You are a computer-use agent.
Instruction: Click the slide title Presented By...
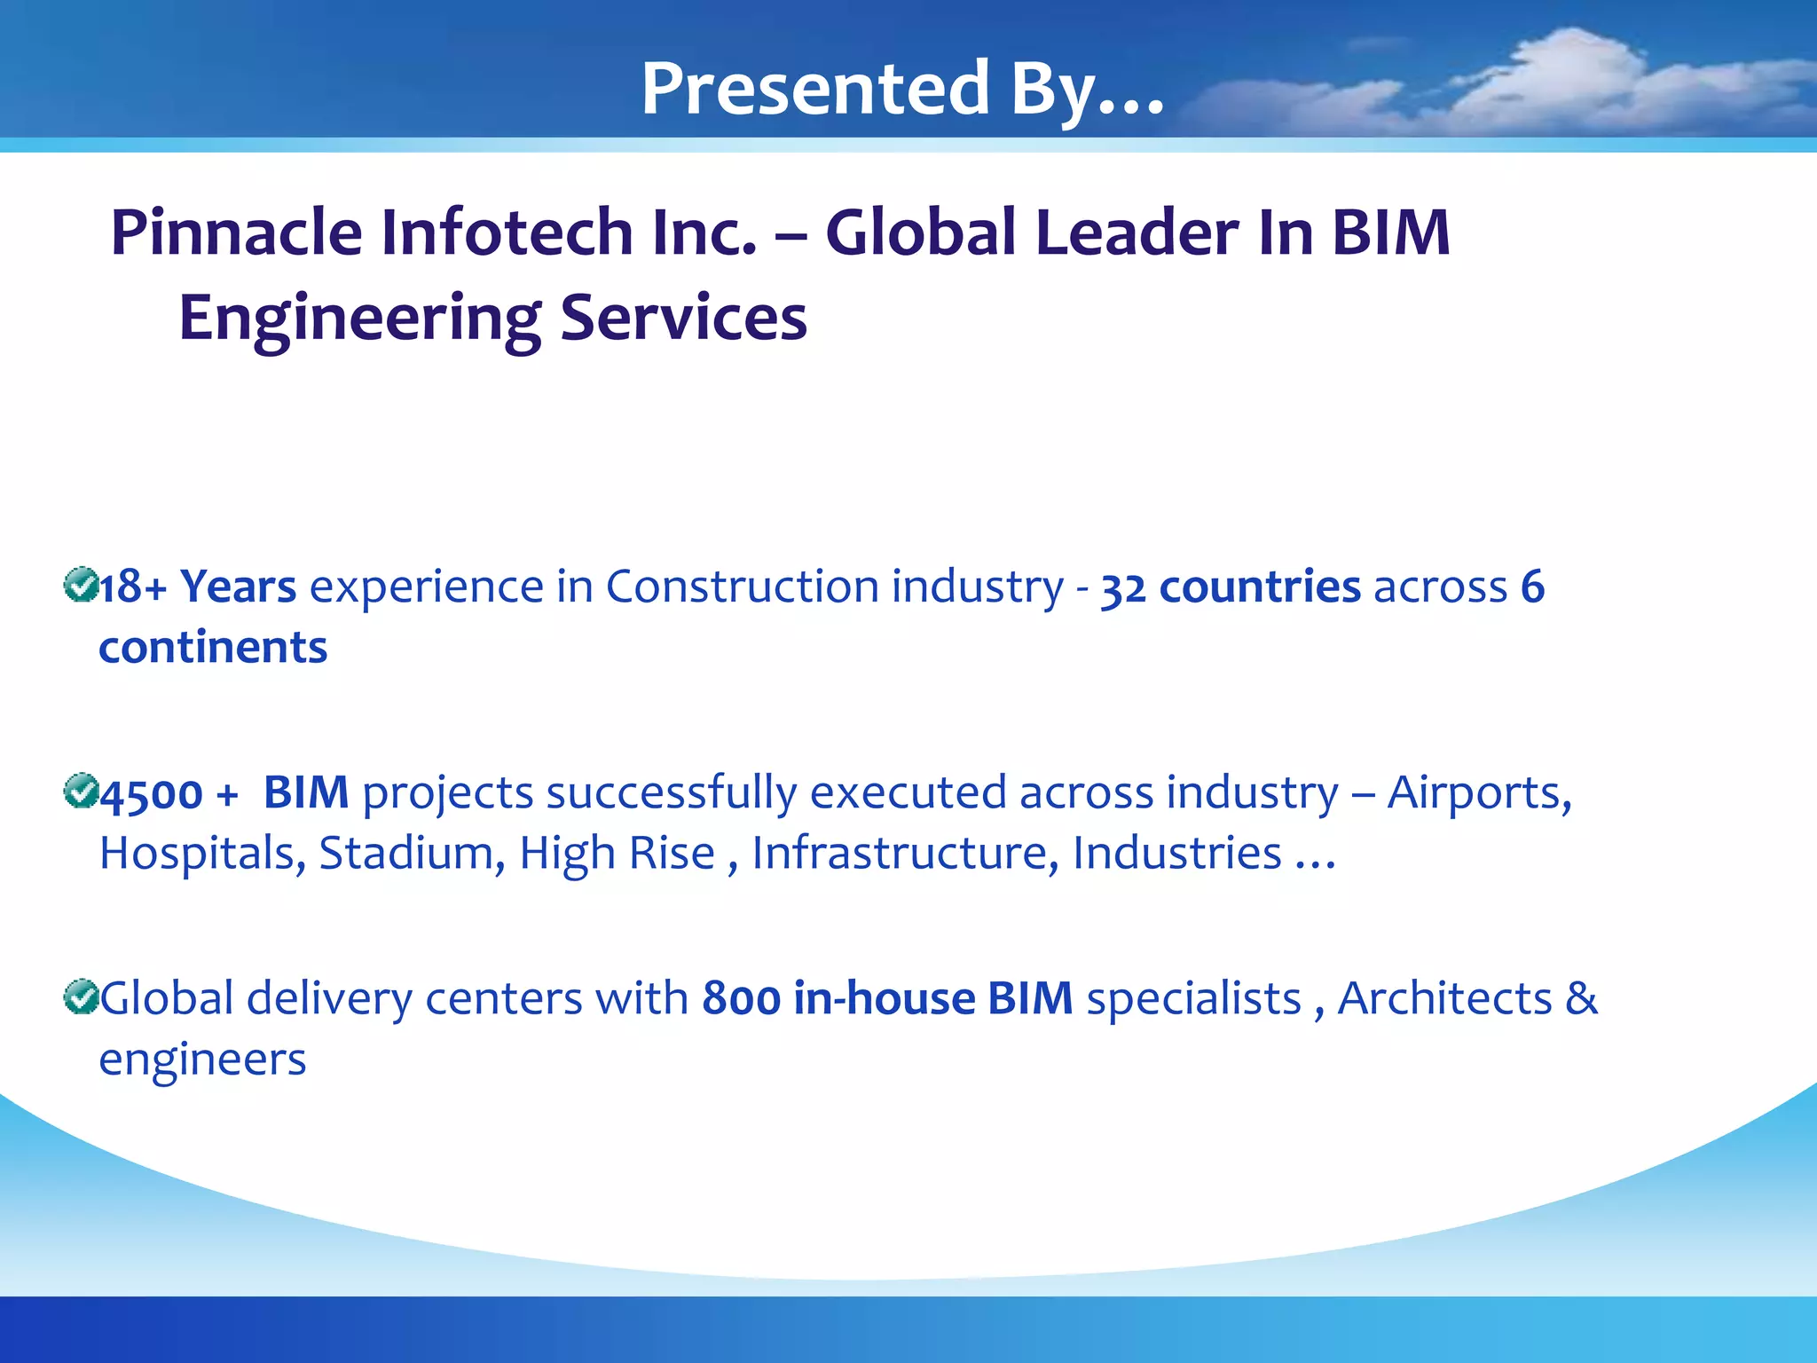click(901, 89)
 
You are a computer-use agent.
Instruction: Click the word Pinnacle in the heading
click(236, 232)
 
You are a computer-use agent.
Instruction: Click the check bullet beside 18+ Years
click(81, 585)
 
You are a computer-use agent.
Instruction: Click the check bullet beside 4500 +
click(81, 791)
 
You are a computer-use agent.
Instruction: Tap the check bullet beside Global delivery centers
click(81, 997)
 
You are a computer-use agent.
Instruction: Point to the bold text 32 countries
click(1230, 587)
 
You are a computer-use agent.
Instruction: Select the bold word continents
click(213, 648)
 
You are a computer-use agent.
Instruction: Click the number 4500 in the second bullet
click(152, 794)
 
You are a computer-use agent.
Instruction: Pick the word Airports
click(1479, 792)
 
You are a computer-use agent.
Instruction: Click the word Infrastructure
click(905, 854)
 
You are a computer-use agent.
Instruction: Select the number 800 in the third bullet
click(741, 999)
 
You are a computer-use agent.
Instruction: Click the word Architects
click(1444, 999)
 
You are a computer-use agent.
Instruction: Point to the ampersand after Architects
click(1581, 999)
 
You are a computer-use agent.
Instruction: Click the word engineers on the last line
click(202, 1060)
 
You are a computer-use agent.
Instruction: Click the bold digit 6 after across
click(1532, 587)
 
